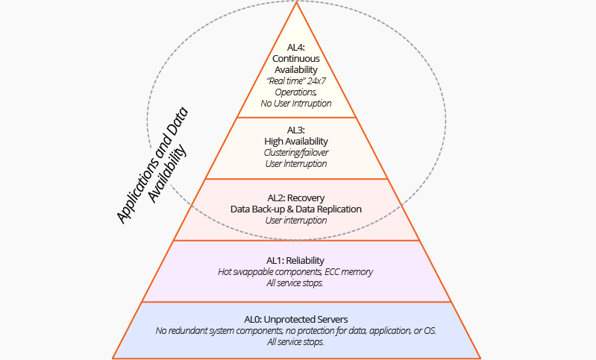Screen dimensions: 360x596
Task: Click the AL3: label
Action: pos(296,130)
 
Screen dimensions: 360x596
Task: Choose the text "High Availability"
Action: pos(296,141)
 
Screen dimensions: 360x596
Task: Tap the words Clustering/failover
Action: pos(296,152)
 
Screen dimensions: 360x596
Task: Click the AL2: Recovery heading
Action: pos(296,198)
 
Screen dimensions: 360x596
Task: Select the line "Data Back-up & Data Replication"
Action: pos(296,209)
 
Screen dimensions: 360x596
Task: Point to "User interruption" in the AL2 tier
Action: pos(296,221)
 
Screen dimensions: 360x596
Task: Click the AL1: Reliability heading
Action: pos(296,260)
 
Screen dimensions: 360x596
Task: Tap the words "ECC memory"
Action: pos(347,271)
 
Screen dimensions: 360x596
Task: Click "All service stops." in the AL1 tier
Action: pos(296,282)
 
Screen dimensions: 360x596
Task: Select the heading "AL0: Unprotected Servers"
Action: pos(296,320)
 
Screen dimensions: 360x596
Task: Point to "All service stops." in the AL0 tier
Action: pos(296,342)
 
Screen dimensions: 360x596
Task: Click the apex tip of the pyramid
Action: pos(297,3)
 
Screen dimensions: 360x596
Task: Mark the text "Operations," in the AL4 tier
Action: pos(296,92)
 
